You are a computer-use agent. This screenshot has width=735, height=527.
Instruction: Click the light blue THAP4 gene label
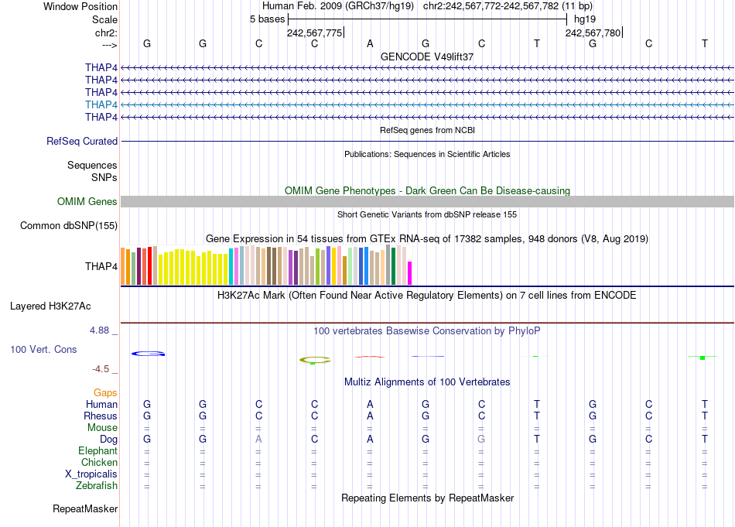click(x=101, y=104)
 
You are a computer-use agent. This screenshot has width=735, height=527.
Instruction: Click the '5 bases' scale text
click(x=267, y=18)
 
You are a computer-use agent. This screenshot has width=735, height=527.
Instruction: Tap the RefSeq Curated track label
click(x=82, y=141)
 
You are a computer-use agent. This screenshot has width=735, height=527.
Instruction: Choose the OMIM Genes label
click(x=87, y=202)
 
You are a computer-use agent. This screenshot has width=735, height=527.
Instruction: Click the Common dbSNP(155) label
click(x=70, y=226)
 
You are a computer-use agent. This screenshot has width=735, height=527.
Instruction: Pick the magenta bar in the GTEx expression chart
click(x=410, y=273)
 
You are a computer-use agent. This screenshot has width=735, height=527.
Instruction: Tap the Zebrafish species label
click(x=97, y=486)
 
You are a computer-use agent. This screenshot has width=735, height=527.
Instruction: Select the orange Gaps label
click(x=105, y=393)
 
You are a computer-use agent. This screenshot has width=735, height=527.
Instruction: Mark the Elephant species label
click(x=98, y=451)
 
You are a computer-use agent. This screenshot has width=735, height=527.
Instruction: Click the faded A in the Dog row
click(x=258, y=439)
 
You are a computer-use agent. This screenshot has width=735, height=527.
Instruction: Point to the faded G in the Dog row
click(x=481, y=439)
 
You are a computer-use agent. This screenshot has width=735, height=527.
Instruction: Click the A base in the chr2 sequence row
click(x=370, y=43)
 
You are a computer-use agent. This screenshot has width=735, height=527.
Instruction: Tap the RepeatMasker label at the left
click(x=85, y=509)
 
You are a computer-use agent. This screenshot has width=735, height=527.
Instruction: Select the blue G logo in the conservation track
click(x=148, y=354)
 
